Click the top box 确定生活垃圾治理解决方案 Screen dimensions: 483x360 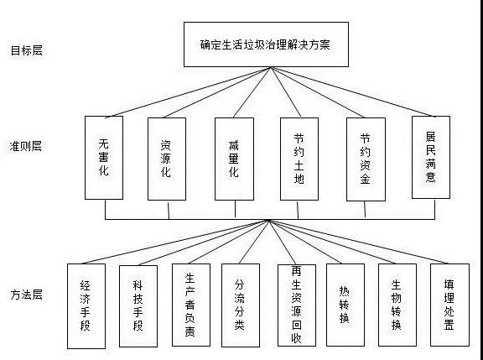pyautogui.click(x=266, y=44)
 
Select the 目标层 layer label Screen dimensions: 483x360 pyautogui.click(x=27, y=50)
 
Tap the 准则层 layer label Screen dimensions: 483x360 pyautogui.click(x=26, y=146)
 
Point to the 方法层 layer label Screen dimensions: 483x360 pyautogui.click(x=27, y=295)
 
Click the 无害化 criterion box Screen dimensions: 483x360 pyautogui.click(x=104, y=158)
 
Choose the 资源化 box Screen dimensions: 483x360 pyautogui.click(x=167, y=159)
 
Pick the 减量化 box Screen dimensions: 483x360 pyautogui.click(x=235, y=159)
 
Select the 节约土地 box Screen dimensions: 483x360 pyautogui.click(x=299, y=159)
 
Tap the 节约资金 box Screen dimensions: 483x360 pyautogui.click(x=366, y=159)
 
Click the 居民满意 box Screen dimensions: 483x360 pyautogui.click(x=431, y=157)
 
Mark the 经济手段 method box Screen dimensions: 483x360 pyautogui.click(x=86, y=306)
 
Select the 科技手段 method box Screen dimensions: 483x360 pyautogui.click(x=138, y=306)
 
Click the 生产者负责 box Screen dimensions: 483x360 pyautogui.click(x=191, y=305)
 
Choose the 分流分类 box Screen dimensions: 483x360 pyautogui.click(x=241, y=305)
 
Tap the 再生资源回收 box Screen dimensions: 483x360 pyautogui.click(x=297, y=305)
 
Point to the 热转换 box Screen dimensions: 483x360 pyautogui.click(x=345, y=305)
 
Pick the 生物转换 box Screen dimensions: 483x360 pyautogui.click(x=397, y=305)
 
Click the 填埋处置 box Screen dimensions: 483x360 pyautogui.click(x=449, y=305)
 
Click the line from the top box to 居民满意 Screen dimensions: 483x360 pyautogui.click(x=353, y=91)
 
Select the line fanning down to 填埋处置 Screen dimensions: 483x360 pyautogui.click(x=358, y=242)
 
